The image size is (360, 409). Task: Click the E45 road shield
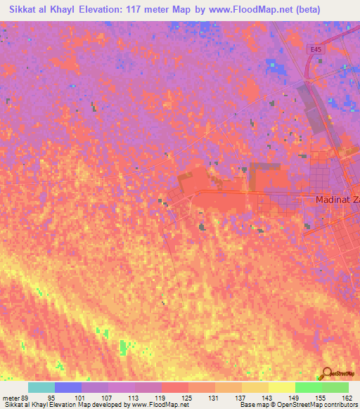(319, 50)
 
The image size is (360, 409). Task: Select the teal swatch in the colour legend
(41, 387)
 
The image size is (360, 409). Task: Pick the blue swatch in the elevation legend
(68, 387)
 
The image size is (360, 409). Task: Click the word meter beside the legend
(11, 397)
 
